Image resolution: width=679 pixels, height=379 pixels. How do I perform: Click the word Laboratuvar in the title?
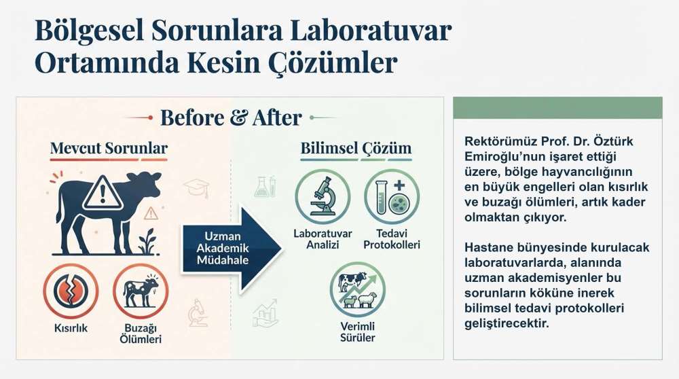click(x=371, y=31)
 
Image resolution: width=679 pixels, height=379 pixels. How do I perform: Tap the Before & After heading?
click(x=231, y=118)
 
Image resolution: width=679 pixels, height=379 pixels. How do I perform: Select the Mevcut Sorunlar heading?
click(x=109, y=148)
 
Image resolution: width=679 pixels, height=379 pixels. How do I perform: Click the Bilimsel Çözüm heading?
click(x=356, y=148)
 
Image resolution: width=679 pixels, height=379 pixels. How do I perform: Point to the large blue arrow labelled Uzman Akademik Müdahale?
click(x=232, y=249)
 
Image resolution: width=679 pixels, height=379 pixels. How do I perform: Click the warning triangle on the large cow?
click(x=103, y=194)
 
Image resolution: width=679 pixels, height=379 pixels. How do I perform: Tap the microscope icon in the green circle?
click(x=323, y=197)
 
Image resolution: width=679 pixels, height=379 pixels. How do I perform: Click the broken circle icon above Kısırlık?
click(x=71, y=291)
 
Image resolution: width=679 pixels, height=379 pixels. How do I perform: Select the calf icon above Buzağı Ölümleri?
click(x=141, y=291)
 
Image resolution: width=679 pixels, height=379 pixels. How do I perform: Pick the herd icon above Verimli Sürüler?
click(x=357, y=289)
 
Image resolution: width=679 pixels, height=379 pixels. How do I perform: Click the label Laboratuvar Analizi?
click(x=323, y=239)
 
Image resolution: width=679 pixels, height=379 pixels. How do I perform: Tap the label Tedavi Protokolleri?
click(x=392, y=239)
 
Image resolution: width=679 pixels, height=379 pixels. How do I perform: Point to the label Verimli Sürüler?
click(x=357, y=331)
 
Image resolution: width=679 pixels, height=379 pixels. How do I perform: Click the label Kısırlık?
click(x=71, y=328)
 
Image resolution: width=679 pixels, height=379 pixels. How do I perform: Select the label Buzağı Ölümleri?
click(x=141, y=333)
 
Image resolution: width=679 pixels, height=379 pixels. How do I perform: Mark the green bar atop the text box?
click(x=557, y=108)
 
